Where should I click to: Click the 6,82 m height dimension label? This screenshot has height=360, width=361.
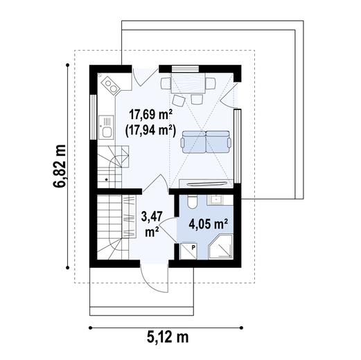coord(60,167)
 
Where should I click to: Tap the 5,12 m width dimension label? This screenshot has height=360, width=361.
coord(168,337)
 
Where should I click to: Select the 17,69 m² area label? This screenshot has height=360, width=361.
coord(150,115)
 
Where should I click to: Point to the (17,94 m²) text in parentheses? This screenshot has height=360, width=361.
coord(150,132)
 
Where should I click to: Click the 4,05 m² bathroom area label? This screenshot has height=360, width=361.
coord(209,224)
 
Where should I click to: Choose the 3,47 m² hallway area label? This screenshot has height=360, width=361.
coord(152,224)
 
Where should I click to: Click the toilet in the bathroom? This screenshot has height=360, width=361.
coord(192,201)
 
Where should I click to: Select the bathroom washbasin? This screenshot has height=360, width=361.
coord(217,199)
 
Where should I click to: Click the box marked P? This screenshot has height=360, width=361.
coord(188,251)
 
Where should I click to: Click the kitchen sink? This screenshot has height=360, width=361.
coord(106,127)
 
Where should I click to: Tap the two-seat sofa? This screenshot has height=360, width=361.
coord(206,142)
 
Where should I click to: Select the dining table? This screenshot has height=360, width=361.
coord(188,83)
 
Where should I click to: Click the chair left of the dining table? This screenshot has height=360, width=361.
coord(166,83)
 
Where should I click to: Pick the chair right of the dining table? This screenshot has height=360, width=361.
coord(211,83)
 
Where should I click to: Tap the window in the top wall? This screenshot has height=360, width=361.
coord(185,69)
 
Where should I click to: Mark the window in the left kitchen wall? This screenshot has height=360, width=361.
coord(93,117)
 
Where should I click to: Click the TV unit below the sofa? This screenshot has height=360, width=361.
coord(206,183)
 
